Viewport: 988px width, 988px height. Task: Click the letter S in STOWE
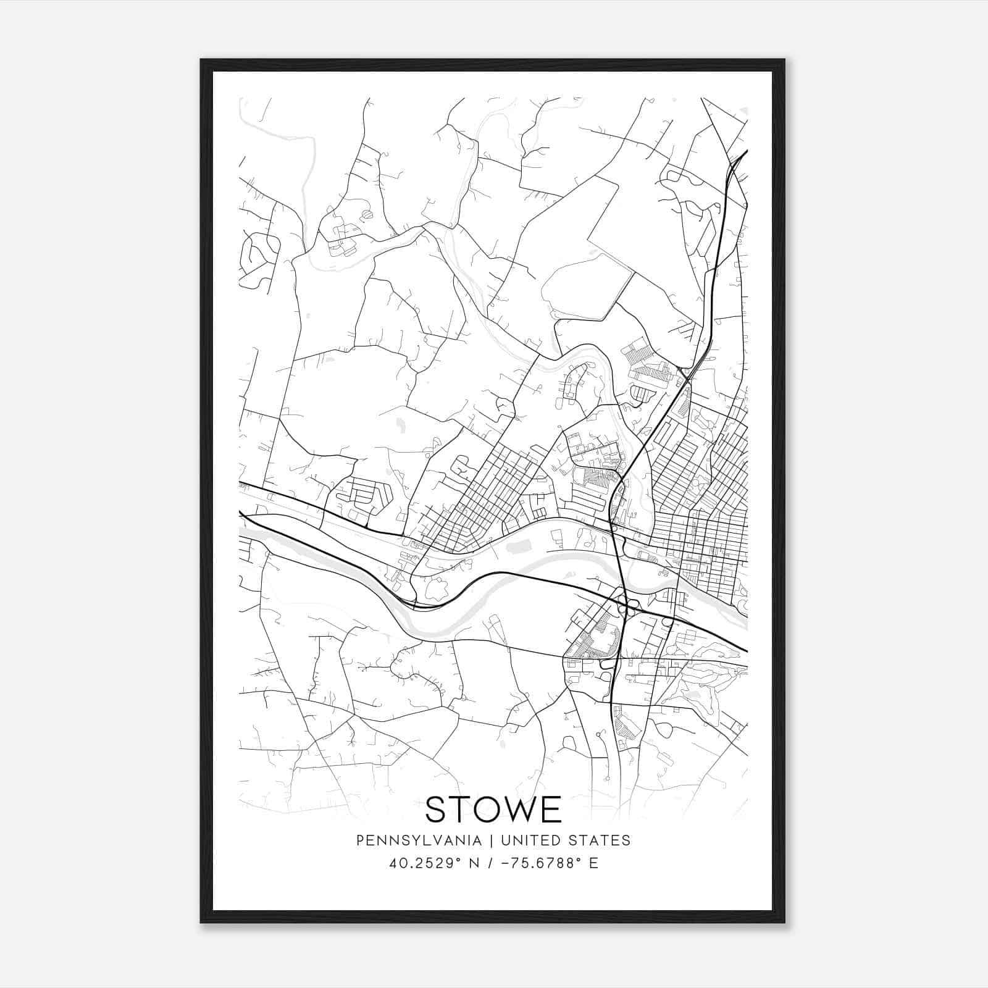[437, 810]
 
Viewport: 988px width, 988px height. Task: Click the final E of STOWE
[553, 810]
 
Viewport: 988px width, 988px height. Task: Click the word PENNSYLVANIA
[419, 840]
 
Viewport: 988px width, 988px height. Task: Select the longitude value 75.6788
[543, 863]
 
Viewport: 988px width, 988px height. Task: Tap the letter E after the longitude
[593, 863]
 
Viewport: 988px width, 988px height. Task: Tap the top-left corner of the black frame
[201, 61]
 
